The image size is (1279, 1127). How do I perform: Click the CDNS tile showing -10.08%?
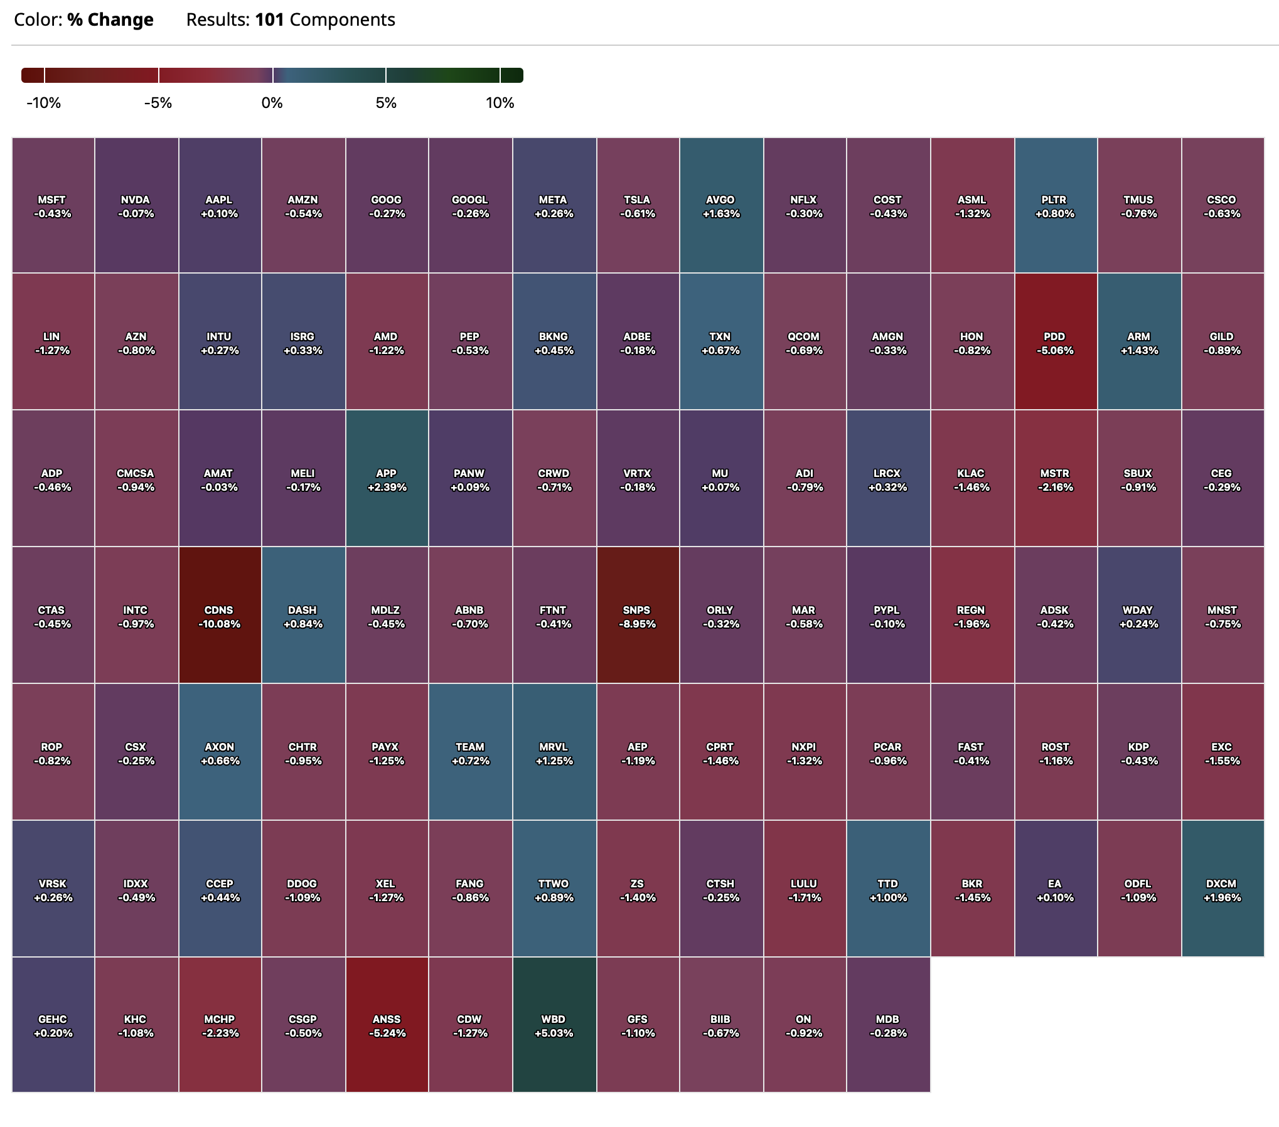[220, 615]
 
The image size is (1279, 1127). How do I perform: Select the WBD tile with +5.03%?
[554, 1025]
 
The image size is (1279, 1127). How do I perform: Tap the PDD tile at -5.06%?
[1056, 342]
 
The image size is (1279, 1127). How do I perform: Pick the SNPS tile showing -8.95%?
[638, 615]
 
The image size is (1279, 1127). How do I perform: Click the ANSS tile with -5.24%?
[387, 1025]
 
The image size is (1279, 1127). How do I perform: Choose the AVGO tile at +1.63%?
[721, 205]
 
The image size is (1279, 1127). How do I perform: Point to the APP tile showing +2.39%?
[387, 478]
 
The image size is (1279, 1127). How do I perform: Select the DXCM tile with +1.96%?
[1223, 889]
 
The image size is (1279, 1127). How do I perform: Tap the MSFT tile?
[53, 205]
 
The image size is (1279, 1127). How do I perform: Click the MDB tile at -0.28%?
[888, 1025]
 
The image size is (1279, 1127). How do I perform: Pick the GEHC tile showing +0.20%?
[53, 1025]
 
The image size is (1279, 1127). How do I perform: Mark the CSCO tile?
[1223, 205]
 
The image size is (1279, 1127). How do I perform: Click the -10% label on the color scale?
[44, 103]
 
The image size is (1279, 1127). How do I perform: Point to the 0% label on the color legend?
[272, 103]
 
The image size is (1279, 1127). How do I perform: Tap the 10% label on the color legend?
[500, 103]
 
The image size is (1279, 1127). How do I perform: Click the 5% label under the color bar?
[386, 103]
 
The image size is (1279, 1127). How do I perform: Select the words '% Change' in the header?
[110, 20]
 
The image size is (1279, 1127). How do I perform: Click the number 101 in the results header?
[270, 20]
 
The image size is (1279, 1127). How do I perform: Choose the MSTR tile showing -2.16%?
[1056, 478]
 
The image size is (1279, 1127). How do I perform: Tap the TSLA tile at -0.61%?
[638, 205]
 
